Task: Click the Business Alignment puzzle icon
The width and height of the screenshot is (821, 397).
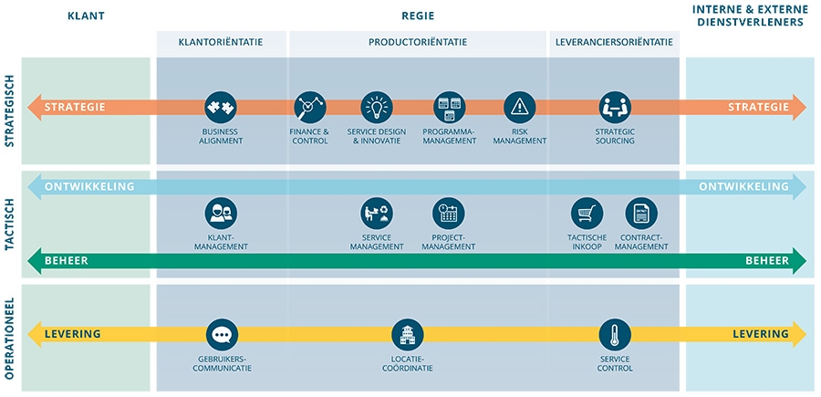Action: [x=220, y=107]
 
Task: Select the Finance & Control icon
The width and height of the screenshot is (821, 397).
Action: [x=309, y=107]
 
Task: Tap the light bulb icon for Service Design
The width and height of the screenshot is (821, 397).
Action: [x=376, y=107]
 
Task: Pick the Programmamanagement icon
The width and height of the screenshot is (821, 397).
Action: [x=448, y=107]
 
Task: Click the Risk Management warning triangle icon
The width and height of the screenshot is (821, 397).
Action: [x=519, y=107]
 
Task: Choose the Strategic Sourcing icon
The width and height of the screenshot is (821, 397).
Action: [x=614, y=107]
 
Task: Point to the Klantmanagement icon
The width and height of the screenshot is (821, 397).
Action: [x=220, y=214]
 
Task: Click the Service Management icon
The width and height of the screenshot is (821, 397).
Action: [x=376, y=214]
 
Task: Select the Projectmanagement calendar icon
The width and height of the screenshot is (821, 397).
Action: [x=448, y=214]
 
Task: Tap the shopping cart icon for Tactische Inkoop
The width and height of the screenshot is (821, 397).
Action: [x=587, y=214]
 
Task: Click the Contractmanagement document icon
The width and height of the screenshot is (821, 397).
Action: [x=641, y=214]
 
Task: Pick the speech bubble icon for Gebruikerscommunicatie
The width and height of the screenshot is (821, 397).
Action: [x=222, y=335]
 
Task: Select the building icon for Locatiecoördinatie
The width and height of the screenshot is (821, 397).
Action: [x=407, y=335]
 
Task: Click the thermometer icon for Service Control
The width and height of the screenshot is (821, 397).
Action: [x=614, y=335]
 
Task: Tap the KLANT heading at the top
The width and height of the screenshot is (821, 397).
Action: [x=86, y=16]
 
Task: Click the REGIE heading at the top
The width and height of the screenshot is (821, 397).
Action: [x=418, y=16]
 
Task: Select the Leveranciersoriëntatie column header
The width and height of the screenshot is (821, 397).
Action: [x=613, y=42]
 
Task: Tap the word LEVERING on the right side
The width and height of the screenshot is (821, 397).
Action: [x=761, y=334]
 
